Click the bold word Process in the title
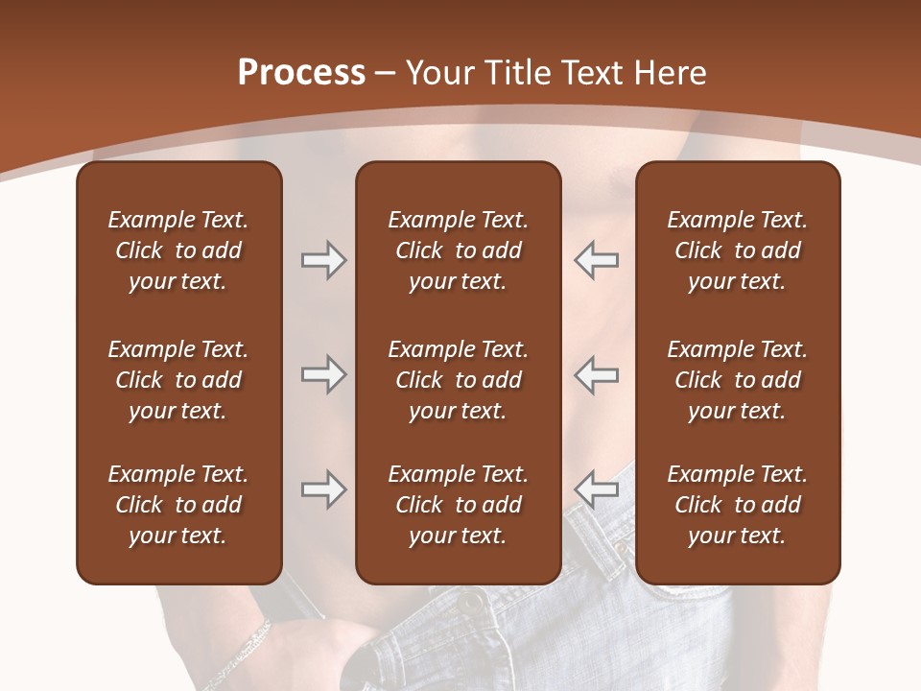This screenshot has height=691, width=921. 301,73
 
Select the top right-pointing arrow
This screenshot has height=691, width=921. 323,260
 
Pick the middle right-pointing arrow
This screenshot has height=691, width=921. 323,374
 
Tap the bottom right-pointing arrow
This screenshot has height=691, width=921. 323,489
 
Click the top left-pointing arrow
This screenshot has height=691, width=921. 596,260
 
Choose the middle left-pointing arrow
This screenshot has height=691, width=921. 596,374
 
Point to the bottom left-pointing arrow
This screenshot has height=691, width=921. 596,489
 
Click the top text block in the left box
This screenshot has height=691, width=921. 178,250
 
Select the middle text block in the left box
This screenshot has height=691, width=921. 178,380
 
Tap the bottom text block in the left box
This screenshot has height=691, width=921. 178,505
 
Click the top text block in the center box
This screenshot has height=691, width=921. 459,250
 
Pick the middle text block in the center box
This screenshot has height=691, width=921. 459,380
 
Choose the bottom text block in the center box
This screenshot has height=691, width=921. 459,505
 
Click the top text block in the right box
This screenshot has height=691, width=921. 738,250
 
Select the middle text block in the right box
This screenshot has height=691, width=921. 738,380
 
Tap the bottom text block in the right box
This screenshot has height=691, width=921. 738,505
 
